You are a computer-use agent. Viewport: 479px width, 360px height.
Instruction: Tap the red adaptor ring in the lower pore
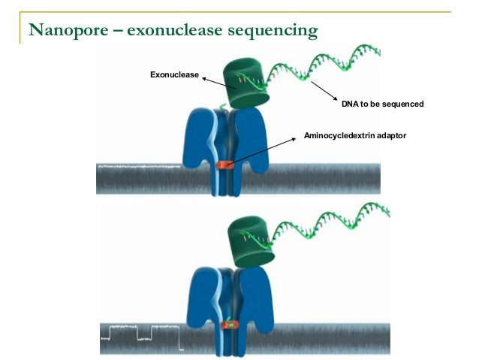click(230, 325)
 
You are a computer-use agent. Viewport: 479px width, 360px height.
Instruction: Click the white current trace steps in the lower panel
click(143, 330)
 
